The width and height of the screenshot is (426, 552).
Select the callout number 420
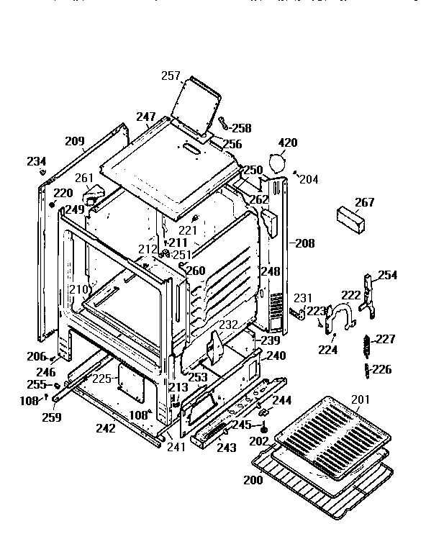(286, 143)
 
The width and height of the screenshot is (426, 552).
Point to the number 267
(365, 202)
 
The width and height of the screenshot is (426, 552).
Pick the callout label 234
(37, 161)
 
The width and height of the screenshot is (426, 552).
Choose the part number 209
(75, 141)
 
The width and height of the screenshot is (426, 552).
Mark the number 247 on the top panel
(146, 117)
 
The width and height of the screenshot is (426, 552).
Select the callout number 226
(382, 370)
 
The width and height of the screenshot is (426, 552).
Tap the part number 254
(387, 276)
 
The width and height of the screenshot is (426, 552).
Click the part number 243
(226, 448)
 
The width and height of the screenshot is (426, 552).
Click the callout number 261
(84, 178)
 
